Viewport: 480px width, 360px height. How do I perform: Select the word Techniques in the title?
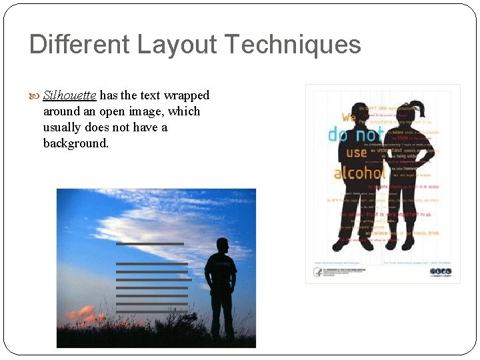pyautogui.click(x=293, y=45)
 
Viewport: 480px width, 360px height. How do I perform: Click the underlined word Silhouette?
pyautogui.click(x=69, y=95)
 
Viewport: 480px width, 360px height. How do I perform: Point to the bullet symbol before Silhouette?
pyautogui.click(x=36, y=96)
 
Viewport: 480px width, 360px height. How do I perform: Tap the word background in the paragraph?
pyautogui.click(x=75, y=143)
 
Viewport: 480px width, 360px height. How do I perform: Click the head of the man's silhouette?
pyautogui.click(x=222, y=245)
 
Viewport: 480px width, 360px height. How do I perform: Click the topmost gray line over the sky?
pyautogui.click(x=149, y=244)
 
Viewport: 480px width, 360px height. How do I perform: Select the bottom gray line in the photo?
pyautogui.click(x=151, y=311)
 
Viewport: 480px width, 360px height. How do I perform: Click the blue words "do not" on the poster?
pyautogui.click(x=355, y=135)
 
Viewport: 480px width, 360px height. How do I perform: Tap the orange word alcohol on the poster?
pyautogui.click(x=359, y=173)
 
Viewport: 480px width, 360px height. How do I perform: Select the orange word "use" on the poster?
pyautogui.click(x=357, y=153)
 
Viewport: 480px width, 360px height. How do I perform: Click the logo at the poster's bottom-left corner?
pyautogui.click(x=318, y=272)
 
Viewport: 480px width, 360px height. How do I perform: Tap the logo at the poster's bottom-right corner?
pyautogui.click(x=441, y=271)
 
